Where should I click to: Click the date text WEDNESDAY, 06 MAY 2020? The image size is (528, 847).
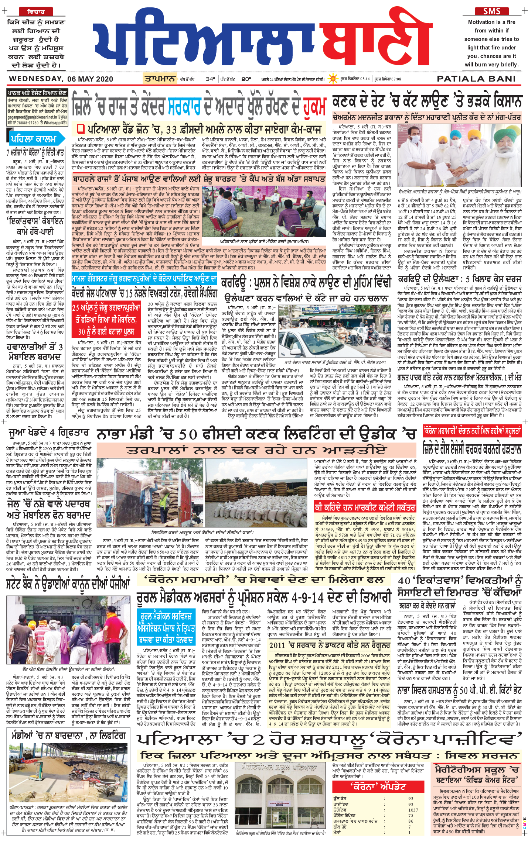[x=61, y=79]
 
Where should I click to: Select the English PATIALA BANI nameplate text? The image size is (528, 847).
[x=476, y=79]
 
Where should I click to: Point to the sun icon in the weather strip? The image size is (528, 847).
[x=333, y=79]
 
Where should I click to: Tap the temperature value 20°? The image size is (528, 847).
[x=246, y=79]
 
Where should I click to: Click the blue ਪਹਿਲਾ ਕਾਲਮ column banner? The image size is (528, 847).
[x=33, y=139]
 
